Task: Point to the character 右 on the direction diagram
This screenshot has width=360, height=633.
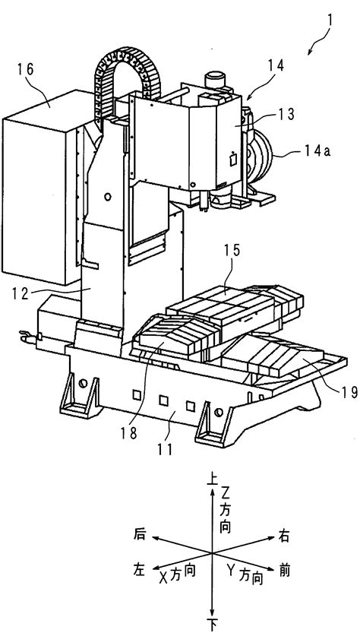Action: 284,536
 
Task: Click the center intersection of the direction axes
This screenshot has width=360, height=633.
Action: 212,552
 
